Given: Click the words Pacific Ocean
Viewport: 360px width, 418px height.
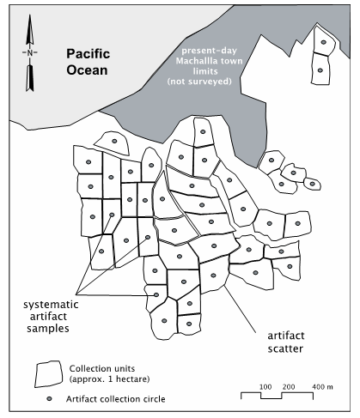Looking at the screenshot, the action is tap(88, 62).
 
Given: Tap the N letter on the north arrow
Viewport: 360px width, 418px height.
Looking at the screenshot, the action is tap(30, 52).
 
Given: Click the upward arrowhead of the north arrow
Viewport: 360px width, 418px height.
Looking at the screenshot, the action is tap(30, 29).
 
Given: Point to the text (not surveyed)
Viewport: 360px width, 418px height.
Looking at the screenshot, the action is tap(199, 82).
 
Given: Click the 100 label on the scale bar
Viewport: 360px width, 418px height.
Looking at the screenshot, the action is tap(265, 387).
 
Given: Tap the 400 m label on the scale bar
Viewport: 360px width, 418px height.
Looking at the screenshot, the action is tap(322, 387).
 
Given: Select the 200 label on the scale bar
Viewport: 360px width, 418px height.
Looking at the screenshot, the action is tap(289, 387).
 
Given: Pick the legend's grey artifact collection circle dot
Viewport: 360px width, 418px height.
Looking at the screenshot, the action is tap(49, 398).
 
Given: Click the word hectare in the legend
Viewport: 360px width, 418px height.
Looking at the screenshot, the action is tap(134, 379).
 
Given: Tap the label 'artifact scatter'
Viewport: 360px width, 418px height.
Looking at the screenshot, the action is tap(285, 342).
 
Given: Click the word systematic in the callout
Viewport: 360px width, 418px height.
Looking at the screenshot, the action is tap(51, 305).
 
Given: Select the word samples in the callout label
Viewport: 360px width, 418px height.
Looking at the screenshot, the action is tap(48, 329).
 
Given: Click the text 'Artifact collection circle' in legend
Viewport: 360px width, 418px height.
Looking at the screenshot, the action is tap(116, 399).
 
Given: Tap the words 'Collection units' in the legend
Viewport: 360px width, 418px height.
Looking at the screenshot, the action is tap(102, 368).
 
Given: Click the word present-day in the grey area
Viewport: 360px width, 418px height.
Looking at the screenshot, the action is tap(210, 51).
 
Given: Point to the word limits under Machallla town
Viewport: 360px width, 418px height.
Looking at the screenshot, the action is tap(205, 71).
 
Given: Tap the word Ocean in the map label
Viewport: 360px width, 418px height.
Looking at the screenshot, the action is tap(87, 70).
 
